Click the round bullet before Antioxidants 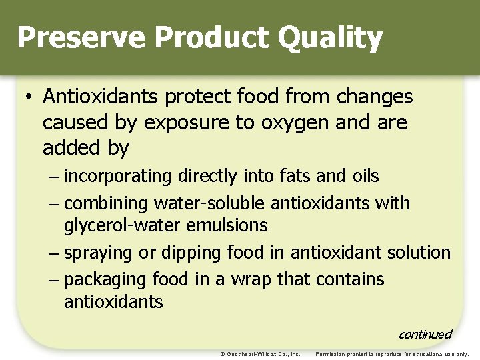28,97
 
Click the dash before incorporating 53,177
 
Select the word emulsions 227,226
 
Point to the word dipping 191,253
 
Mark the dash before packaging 53,279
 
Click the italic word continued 424,334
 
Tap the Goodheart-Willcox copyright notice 260,354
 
